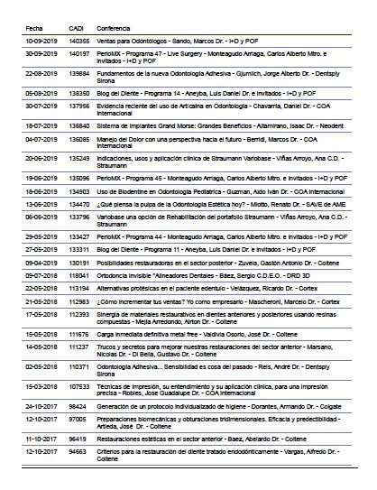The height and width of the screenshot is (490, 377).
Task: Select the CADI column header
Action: [78, 26]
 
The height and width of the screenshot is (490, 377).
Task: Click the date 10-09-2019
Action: [41, 41]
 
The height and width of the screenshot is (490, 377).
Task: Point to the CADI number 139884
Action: [79, 72]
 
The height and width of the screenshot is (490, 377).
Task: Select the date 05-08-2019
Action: [41, 91]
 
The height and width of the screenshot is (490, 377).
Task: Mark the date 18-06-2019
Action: [41, 191]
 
